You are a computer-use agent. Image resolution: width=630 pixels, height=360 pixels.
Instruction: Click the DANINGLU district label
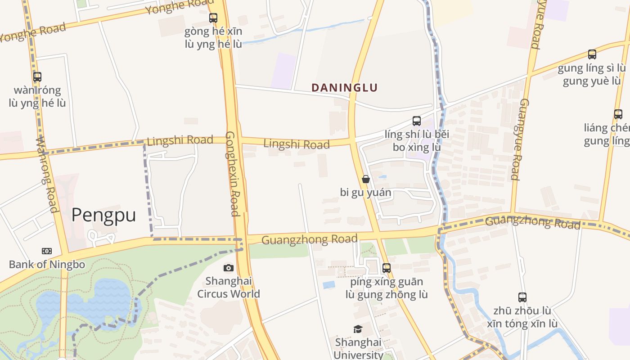click(x=344, y=88)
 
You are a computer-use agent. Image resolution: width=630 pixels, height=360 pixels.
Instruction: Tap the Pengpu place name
click(x=103, y=215)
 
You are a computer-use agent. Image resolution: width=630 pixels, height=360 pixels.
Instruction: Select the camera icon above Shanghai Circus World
click(x=229, y=268)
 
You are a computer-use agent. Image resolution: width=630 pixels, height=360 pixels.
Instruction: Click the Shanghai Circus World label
click(x=229, y=288)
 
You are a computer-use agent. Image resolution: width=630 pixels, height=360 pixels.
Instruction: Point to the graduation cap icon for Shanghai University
click(x=358, y=329)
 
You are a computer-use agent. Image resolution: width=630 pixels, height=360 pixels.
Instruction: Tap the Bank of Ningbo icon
click(x=47, y=251)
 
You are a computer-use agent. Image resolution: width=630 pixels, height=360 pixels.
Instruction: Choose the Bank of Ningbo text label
click(x=47, y=265)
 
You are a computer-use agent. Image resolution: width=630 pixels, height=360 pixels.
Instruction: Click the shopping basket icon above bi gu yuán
click(x=366, y=179)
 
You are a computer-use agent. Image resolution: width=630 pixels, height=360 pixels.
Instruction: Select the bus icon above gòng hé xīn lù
click(x=213, y=18)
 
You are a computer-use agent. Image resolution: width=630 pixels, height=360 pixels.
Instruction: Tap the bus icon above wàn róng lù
click(x=37, y=77)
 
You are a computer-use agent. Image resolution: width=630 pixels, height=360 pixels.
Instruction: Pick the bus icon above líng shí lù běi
click(x=417, y=121)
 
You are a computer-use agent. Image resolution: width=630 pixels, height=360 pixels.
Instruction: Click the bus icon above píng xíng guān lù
click(x=387, y=268)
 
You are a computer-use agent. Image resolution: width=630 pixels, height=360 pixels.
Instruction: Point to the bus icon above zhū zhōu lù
click(x=522, y=297)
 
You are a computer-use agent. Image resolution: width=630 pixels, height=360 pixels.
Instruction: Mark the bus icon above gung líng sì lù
click(x=592, y=54)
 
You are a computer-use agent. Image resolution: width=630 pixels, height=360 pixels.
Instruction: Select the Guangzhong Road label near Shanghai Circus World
click(x=309, y=239)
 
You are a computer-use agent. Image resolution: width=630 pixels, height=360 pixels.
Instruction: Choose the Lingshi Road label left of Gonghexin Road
click(x=180, y=140)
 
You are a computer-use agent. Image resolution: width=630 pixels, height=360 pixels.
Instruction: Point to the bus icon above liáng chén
click(x=618, y=114)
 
